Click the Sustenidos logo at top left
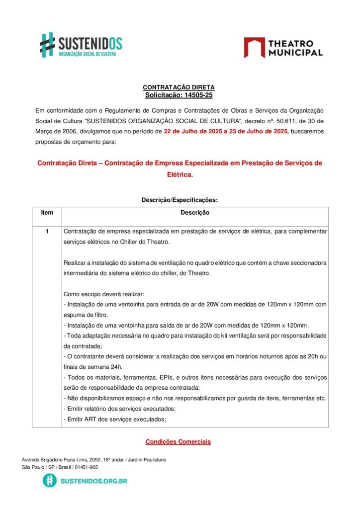pyautogui.click(x=81, y=45)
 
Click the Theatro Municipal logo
pyautogui.click(x=283, y=48)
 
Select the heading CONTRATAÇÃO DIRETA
pyautogui.click(x=179, y=87)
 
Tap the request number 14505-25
pyautogui.click(x=195, y=95)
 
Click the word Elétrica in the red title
pyautogui.click(x=180, y=175)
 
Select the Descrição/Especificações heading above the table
pyautogui.click(x=180, y=200)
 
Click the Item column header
pyautogui.click(x=47, y=213)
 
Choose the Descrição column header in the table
pyautogui.click(x=195, y=213)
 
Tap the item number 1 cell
pyautogui.click(x=47, y=232)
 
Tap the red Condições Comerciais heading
pyautogui.click(x=179, y=441)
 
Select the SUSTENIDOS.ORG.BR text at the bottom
pyautogui.click(x=93, y=481)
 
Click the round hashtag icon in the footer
pyautogui.click(x=49, y=481)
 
